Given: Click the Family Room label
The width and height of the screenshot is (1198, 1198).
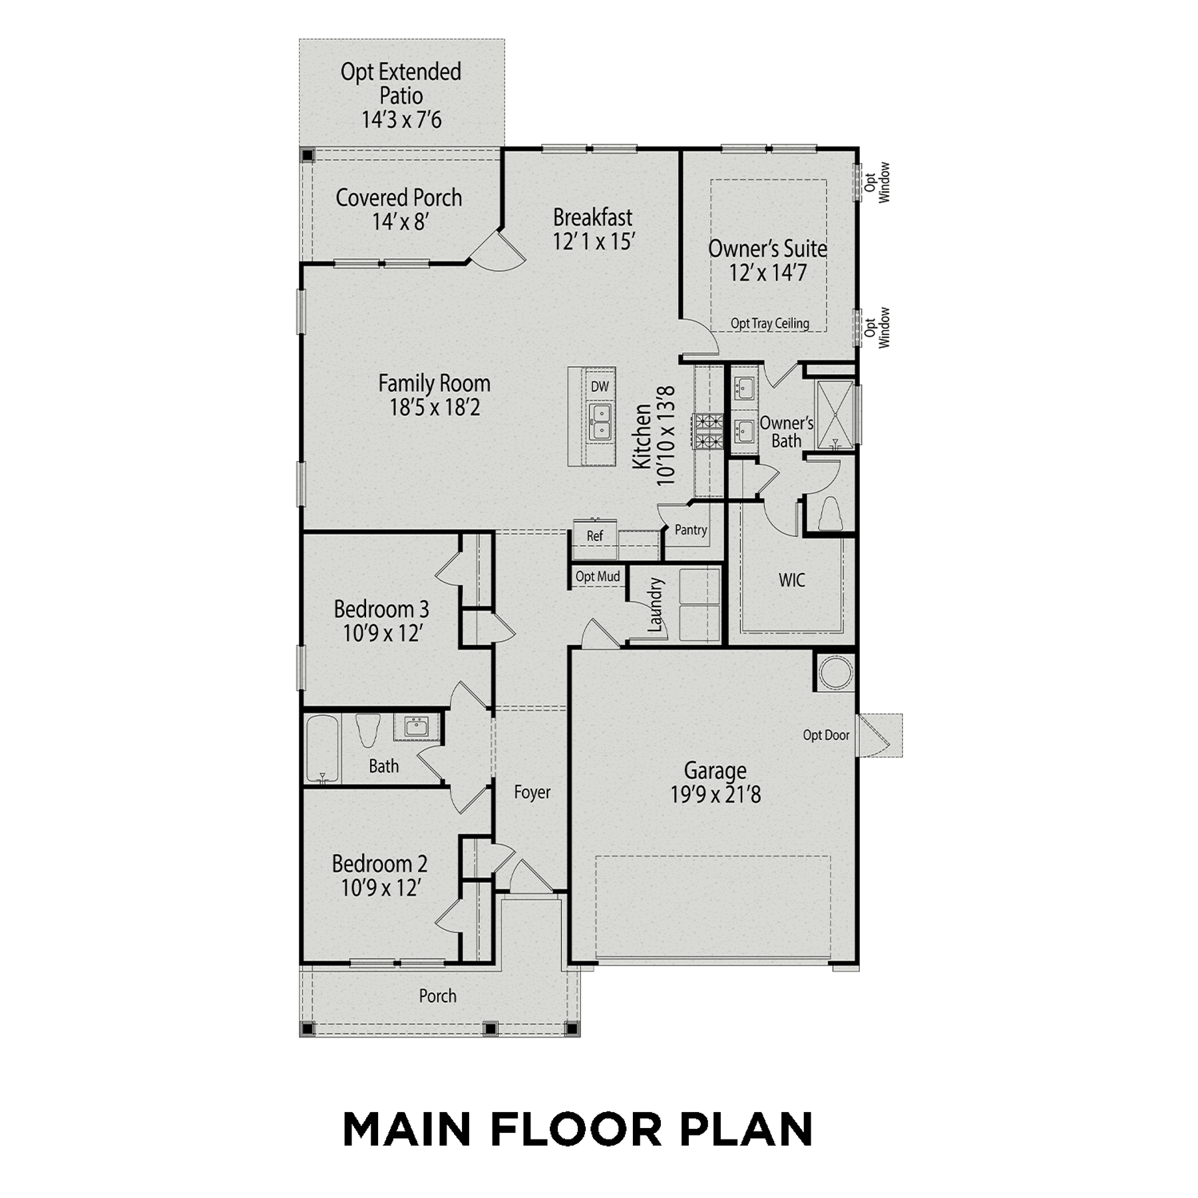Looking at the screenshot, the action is coord(434,383).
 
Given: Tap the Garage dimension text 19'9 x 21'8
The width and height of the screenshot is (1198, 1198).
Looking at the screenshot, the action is coord(715,795).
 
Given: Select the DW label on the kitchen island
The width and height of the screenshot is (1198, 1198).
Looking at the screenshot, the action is coord(600,387).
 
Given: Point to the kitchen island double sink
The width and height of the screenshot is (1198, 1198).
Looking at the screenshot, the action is coord(601,423).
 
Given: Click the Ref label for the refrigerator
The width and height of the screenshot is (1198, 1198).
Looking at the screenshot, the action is coord(595,536).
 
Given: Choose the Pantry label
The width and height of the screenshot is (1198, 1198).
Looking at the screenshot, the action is coord(691,530).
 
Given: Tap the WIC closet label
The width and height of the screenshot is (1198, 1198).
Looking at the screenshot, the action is coord(791,580).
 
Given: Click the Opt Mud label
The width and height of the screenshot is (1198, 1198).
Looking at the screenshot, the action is coord(598,576).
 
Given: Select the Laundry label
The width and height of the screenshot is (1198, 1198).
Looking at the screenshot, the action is coord(656,605).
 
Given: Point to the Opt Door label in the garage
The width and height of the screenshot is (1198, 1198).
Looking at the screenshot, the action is coord(826,735).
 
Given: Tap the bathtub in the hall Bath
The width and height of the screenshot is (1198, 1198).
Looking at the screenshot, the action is coord(322,749).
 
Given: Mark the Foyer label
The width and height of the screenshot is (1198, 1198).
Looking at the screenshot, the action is coord(532,792).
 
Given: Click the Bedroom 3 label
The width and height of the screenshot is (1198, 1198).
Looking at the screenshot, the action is coord(381,609).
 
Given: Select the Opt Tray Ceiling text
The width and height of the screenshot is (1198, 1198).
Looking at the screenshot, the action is coord(770,323).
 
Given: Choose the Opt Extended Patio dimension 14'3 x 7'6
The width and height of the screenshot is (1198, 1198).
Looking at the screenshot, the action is coord(401,120).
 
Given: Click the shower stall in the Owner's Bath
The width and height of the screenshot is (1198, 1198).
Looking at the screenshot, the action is coord(835,415).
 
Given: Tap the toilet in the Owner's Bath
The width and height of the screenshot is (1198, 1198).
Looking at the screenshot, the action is coord(829,513).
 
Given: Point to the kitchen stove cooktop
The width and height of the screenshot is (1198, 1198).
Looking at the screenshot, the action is coord(708,431).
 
